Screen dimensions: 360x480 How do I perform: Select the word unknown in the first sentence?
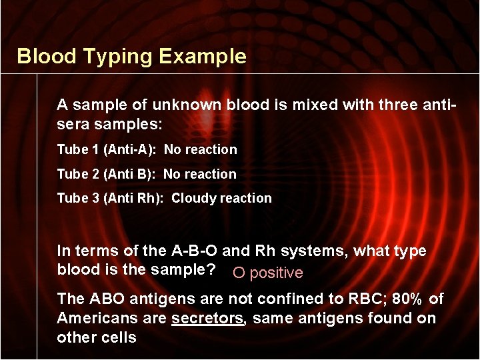(x=187, y=105)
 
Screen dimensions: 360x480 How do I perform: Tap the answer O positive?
(x=267, y=273)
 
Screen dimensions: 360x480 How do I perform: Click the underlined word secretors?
(x=208, y=319)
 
